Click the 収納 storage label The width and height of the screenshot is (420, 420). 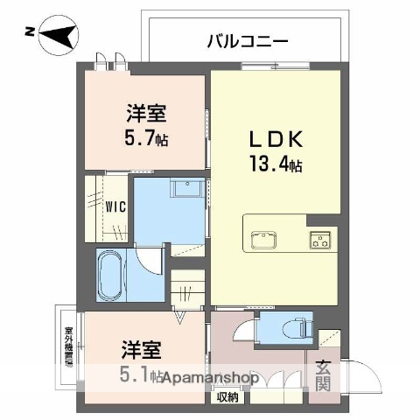click(x=227, y=395)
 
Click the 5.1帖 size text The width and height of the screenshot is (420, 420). click(x=141, y=377)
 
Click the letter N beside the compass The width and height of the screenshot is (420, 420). click(x=30, y=33)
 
